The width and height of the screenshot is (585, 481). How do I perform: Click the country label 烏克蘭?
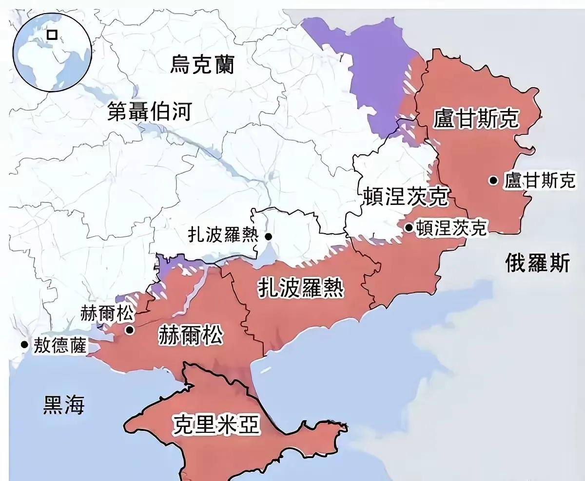[202, 64]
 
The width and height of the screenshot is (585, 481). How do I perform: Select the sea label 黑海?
[64, 405]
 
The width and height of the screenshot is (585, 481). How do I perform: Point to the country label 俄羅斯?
[537, 263]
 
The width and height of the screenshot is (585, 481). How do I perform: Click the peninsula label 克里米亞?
[216, 425]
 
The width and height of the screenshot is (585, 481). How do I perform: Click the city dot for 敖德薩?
[24, 345]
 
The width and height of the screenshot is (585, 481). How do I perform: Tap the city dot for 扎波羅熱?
[269, 237]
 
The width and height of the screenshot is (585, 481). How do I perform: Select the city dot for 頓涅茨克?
[409, 227]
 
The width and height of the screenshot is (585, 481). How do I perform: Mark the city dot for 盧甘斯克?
[494, 181]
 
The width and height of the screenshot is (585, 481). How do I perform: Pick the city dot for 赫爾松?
[130, 330]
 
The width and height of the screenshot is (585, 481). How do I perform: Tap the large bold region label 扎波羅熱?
[300, 288]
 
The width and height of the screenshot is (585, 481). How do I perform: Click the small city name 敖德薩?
[60, 346]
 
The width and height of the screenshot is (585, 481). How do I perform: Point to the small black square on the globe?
[51, 35]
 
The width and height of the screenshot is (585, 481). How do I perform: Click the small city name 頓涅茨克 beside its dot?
[451, 228]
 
